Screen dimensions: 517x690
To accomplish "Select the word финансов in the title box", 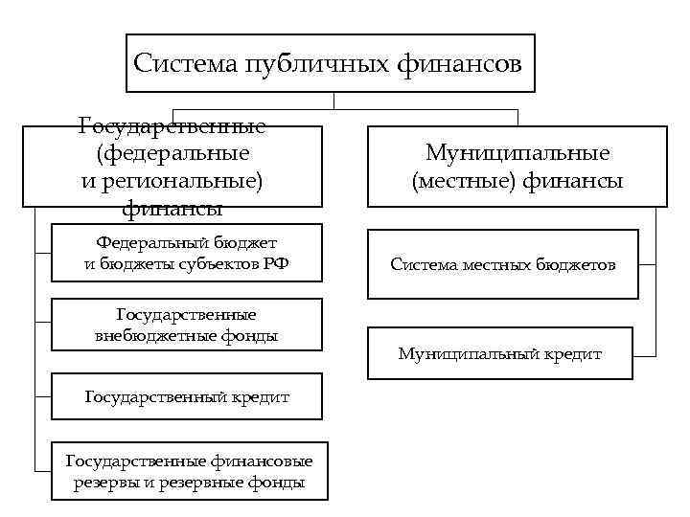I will point(459,64).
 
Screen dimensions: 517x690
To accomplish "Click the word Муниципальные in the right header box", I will point(517,153).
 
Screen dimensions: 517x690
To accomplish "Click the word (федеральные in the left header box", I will point(172,153).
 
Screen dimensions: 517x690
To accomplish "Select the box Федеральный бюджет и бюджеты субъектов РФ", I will point(186,254).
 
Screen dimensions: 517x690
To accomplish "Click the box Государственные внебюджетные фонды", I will point(186,326).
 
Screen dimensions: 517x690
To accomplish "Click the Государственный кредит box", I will point(186,396).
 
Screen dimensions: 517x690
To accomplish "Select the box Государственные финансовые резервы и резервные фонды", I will point(189,471).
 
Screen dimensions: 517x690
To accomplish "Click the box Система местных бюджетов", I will point(502,264).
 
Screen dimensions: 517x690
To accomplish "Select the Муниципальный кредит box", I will point(500,353).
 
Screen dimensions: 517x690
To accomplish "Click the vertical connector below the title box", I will point(333,101).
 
